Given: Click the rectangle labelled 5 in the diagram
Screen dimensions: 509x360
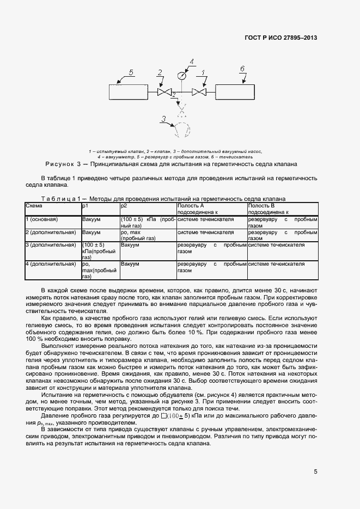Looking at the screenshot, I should coord(127,91).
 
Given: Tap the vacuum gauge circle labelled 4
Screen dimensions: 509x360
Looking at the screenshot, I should coord(181,76).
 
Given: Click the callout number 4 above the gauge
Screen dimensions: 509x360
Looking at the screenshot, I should coord(191,61).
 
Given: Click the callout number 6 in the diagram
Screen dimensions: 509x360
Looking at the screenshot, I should coord(242,69).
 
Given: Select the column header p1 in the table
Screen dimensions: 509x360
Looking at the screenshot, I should coord(85,206).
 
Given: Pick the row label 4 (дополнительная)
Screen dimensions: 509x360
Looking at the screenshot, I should coord(51,264).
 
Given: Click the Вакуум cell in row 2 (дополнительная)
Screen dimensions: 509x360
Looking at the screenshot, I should coord(91,232).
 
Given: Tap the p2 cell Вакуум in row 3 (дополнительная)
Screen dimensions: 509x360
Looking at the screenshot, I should coord(130,245).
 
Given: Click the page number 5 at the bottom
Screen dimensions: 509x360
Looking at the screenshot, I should coord(315,472).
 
